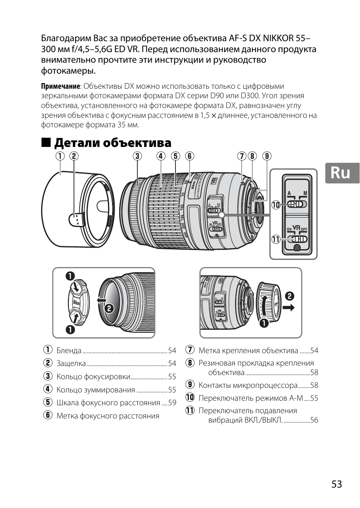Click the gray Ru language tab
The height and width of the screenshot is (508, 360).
pos(342,173)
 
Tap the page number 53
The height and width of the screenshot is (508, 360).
pos(337,484)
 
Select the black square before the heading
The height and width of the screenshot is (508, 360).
pos(46,142)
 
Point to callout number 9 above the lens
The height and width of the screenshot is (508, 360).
pos(267,156)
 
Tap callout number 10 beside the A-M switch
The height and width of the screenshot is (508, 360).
pos(276,205)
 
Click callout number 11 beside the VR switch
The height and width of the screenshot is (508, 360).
pos(276,239)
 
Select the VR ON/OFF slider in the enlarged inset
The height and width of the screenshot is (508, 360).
pos(297,239)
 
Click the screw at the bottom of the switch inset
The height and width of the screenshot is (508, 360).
pos(297,248)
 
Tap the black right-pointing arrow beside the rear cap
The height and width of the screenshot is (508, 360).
pos(289,308)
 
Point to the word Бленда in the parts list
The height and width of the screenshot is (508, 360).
pos(69,351)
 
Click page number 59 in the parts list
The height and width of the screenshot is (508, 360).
pos(172,403)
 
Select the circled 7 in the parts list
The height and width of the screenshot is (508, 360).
pos(189,350)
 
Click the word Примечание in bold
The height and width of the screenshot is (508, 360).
pos(60,86)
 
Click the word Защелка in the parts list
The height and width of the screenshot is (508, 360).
pos(71,363)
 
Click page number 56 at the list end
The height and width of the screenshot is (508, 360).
pos(314,420)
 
